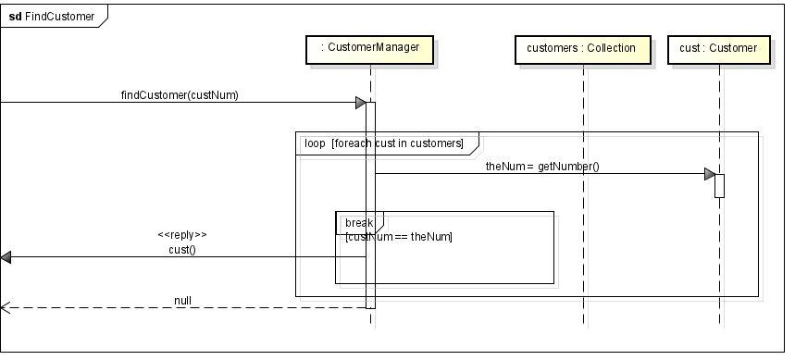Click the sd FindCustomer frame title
52,16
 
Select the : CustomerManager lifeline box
369,48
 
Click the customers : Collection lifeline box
581,48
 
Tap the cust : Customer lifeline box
719,48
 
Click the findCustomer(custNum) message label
180,94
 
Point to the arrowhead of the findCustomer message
361,103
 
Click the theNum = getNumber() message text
542,167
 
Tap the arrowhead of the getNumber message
709,174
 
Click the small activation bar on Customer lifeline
719,185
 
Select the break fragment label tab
359,222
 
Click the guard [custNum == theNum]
398,237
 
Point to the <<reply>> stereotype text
182,235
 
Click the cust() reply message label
182,250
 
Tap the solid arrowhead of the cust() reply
6,257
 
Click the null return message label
182,301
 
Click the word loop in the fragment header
315,143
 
